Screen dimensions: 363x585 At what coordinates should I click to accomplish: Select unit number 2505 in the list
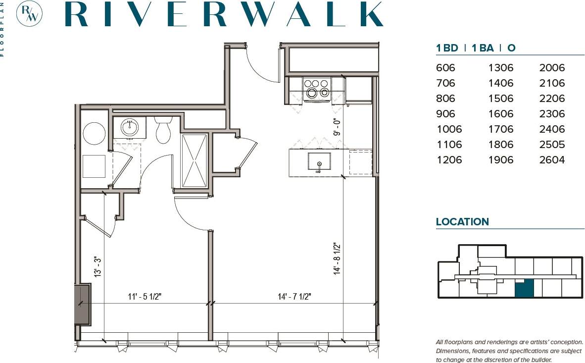coord(551,145)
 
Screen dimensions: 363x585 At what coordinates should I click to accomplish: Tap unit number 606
coord(445,68)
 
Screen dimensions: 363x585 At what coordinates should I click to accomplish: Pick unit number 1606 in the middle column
coord(500,114)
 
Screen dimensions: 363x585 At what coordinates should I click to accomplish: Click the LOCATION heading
coord(462,222)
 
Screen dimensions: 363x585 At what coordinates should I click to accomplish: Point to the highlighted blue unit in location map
coord(524,288)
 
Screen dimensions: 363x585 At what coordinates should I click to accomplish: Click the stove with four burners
coord(317,89)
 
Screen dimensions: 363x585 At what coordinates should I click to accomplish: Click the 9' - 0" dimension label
coord(338,126)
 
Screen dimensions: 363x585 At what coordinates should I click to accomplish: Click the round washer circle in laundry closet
coord(94,133)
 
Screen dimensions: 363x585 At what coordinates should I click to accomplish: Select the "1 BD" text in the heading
coord(446,48)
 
